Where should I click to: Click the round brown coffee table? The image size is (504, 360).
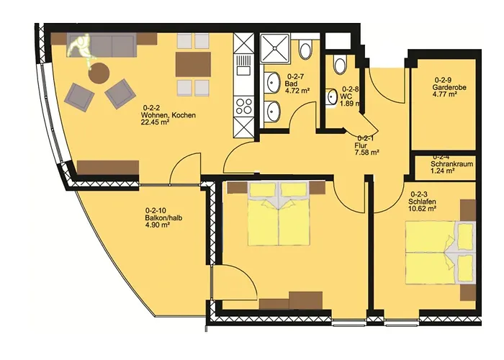98,73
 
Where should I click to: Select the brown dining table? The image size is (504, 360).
193,66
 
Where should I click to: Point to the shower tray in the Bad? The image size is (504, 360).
275,49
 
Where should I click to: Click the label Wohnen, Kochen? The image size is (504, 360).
169,114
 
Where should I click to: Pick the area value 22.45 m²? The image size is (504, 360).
155,122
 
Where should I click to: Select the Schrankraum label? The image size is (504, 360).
452,163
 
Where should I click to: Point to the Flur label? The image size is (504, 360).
361,144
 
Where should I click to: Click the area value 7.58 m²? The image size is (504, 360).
366,152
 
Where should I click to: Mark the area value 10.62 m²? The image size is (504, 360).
423,210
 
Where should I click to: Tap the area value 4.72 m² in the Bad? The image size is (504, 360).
297,91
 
